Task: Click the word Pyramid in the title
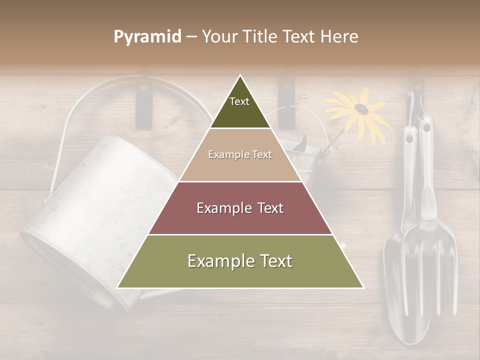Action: coord(147,37)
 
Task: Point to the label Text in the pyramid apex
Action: coord(239,101)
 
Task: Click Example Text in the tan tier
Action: coord(240,154)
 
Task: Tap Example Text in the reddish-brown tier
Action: coord(240,208)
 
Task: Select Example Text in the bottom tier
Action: coord(240,261)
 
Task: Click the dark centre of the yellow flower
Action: coord(360,108)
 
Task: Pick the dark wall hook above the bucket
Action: coord(143,107)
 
